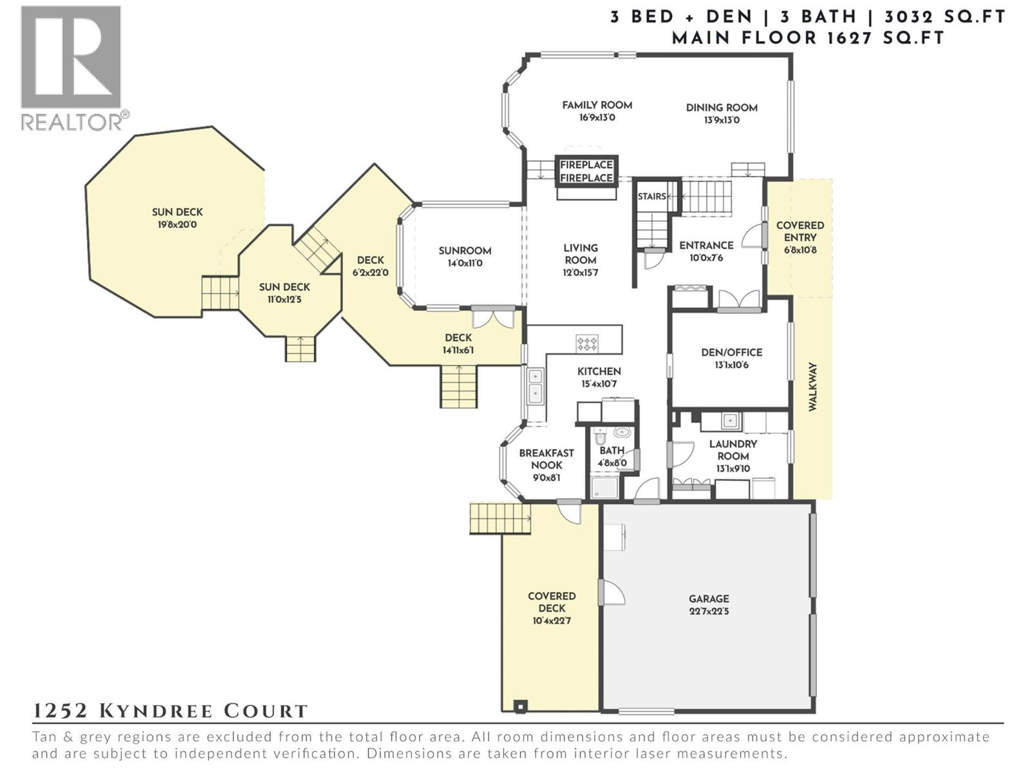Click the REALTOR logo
(71, 68)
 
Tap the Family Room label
(597, 105)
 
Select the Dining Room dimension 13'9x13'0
(721, 120)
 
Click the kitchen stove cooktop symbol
(586, 344)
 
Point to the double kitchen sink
(535, 385)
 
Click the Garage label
(709, 599)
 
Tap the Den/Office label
(731, 353)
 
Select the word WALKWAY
(812, 387)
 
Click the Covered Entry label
(800, 232)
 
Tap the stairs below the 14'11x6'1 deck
(459, 386)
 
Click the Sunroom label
(465, 251)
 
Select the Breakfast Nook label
(547, 459)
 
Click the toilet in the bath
(622, 432)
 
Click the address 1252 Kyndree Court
(171, 711)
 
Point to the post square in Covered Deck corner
(520, 706)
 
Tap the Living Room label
(580, 254)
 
